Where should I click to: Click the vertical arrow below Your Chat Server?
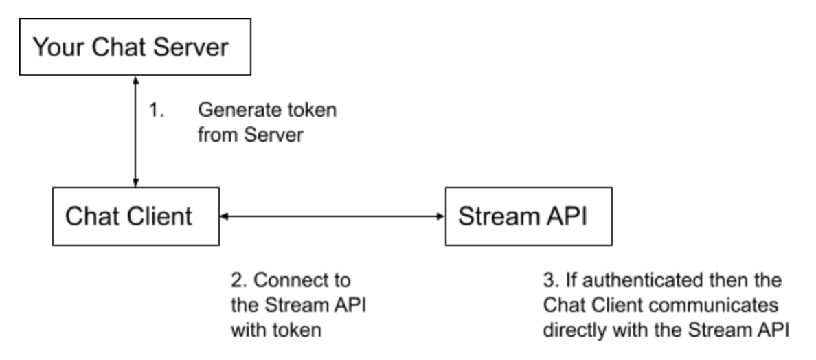tap(135, 131)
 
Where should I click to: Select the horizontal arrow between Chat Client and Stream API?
tap(330, 216)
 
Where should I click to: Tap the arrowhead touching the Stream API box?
tap(440, 216)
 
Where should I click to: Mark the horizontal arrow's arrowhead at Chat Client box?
tap(222, 216)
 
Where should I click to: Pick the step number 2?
tap(236, 281)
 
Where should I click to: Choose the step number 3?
tap(547, 281)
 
